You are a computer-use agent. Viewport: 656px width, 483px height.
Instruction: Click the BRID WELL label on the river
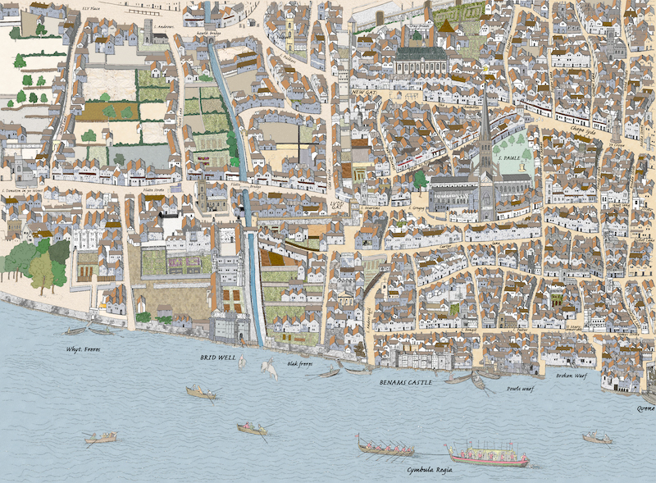click(x=217, y=358)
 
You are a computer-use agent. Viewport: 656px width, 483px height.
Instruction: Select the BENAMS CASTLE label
click(x=406, y=383)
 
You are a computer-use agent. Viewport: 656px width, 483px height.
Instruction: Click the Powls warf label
click(x=520, y=389)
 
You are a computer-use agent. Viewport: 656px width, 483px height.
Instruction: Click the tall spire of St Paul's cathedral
click(x=485, y=123)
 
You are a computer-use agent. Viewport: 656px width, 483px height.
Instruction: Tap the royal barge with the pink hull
click(x=487, y=453)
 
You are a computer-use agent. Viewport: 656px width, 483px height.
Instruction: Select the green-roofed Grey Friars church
click(x=421, y=57)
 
